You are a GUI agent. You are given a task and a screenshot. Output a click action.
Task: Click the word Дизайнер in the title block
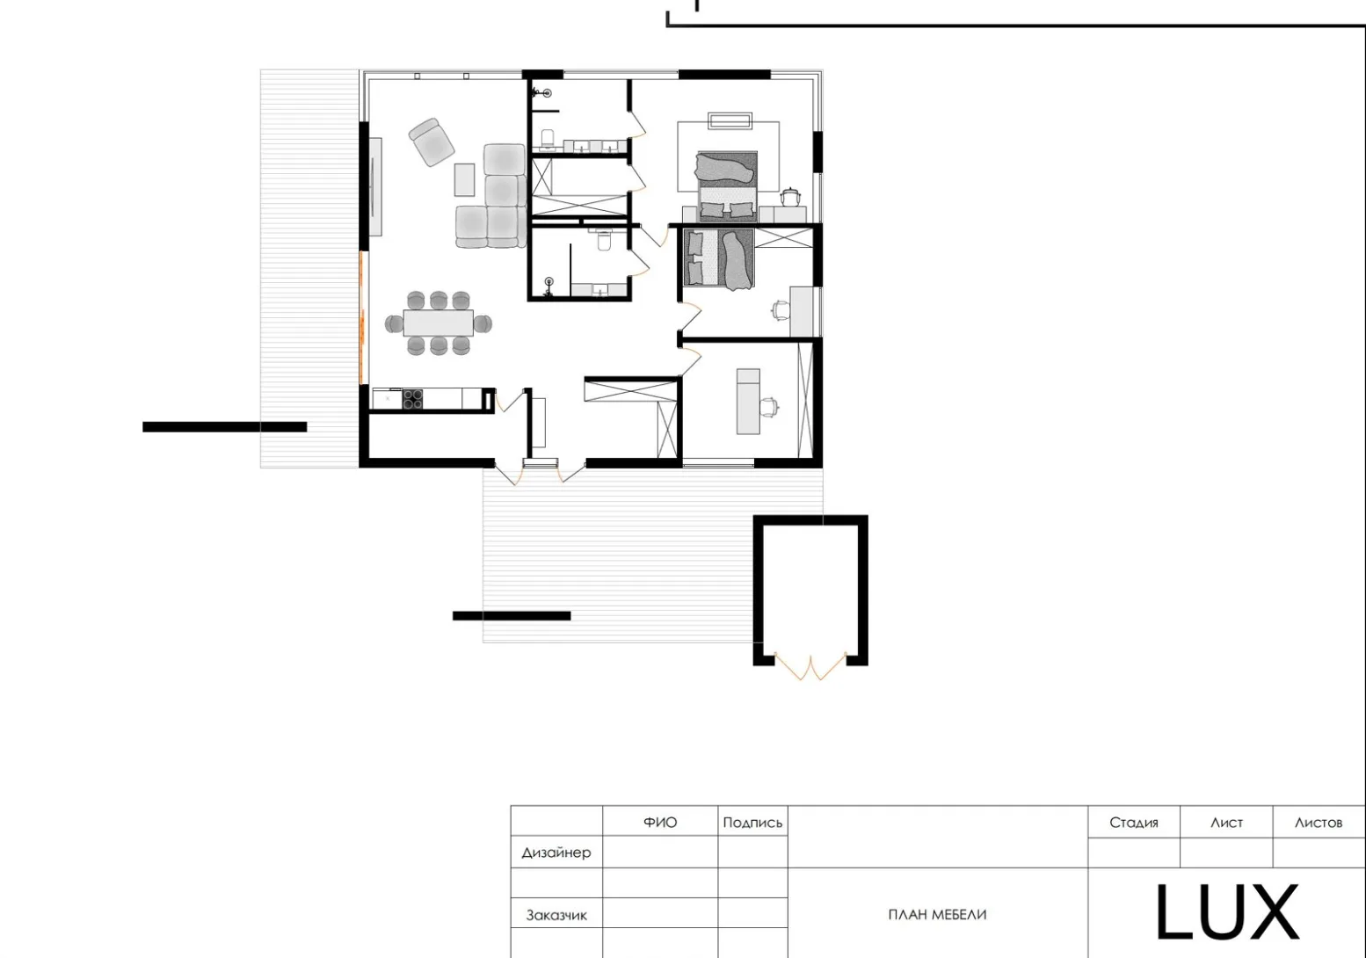coord(556,853)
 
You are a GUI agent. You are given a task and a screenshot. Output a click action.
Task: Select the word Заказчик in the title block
coord(556,915)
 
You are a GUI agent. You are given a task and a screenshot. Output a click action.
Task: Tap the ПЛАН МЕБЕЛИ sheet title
coord(937,915)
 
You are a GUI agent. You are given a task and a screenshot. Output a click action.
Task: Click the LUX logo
coord(1226,912)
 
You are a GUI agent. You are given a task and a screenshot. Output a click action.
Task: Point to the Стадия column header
coord(1133,823)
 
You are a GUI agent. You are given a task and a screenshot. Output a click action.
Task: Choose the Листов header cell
coord(1319,823)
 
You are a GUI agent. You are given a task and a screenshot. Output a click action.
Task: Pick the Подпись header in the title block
coord(752,823)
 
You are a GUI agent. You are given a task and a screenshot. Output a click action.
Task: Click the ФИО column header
coord(660,823)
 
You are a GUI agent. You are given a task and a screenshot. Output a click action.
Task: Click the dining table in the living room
coord(438,323)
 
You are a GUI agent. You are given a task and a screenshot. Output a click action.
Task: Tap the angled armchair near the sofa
coord(432,142)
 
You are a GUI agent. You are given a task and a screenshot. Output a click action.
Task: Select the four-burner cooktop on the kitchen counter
coord(413,400)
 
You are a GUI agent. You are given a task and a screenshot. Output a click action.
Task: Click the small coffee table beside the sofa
coord(464,179)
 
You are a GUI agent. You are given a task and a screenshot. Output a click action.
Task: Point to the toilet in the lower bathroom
coord(604,240)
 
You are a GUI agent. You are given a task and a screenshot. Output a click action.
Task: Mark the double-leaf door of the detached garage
coord(810,667)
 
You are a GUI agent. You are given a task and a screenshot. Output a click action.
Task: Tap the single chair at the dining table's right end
coord(483,323)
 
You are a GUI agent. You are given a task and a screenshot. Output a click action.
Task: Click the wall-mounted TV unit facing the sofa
coord(375,186)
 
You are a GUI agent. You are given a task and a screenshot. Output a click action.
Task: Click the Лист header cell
coord(1226,823)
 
